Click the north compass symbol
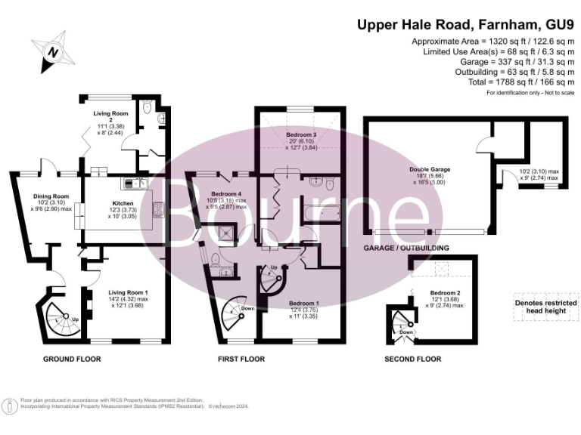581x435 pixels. pos(53,51)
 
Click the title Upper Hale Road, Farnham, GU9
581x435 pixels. pos(462,24)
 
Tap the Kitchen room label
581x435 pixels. pos(123,205)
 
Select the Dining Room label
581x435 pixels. pos(51,196)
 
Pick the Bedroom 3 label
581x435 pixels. pos(300,134)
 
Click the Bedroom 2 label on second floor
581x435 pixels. pos(445,292)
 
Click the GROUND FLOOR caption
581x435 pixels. pos(72,359)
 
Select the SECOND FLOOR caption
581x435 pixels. pos(413,359)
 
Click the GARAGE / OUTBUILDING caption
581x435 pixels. pos(407,248)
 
